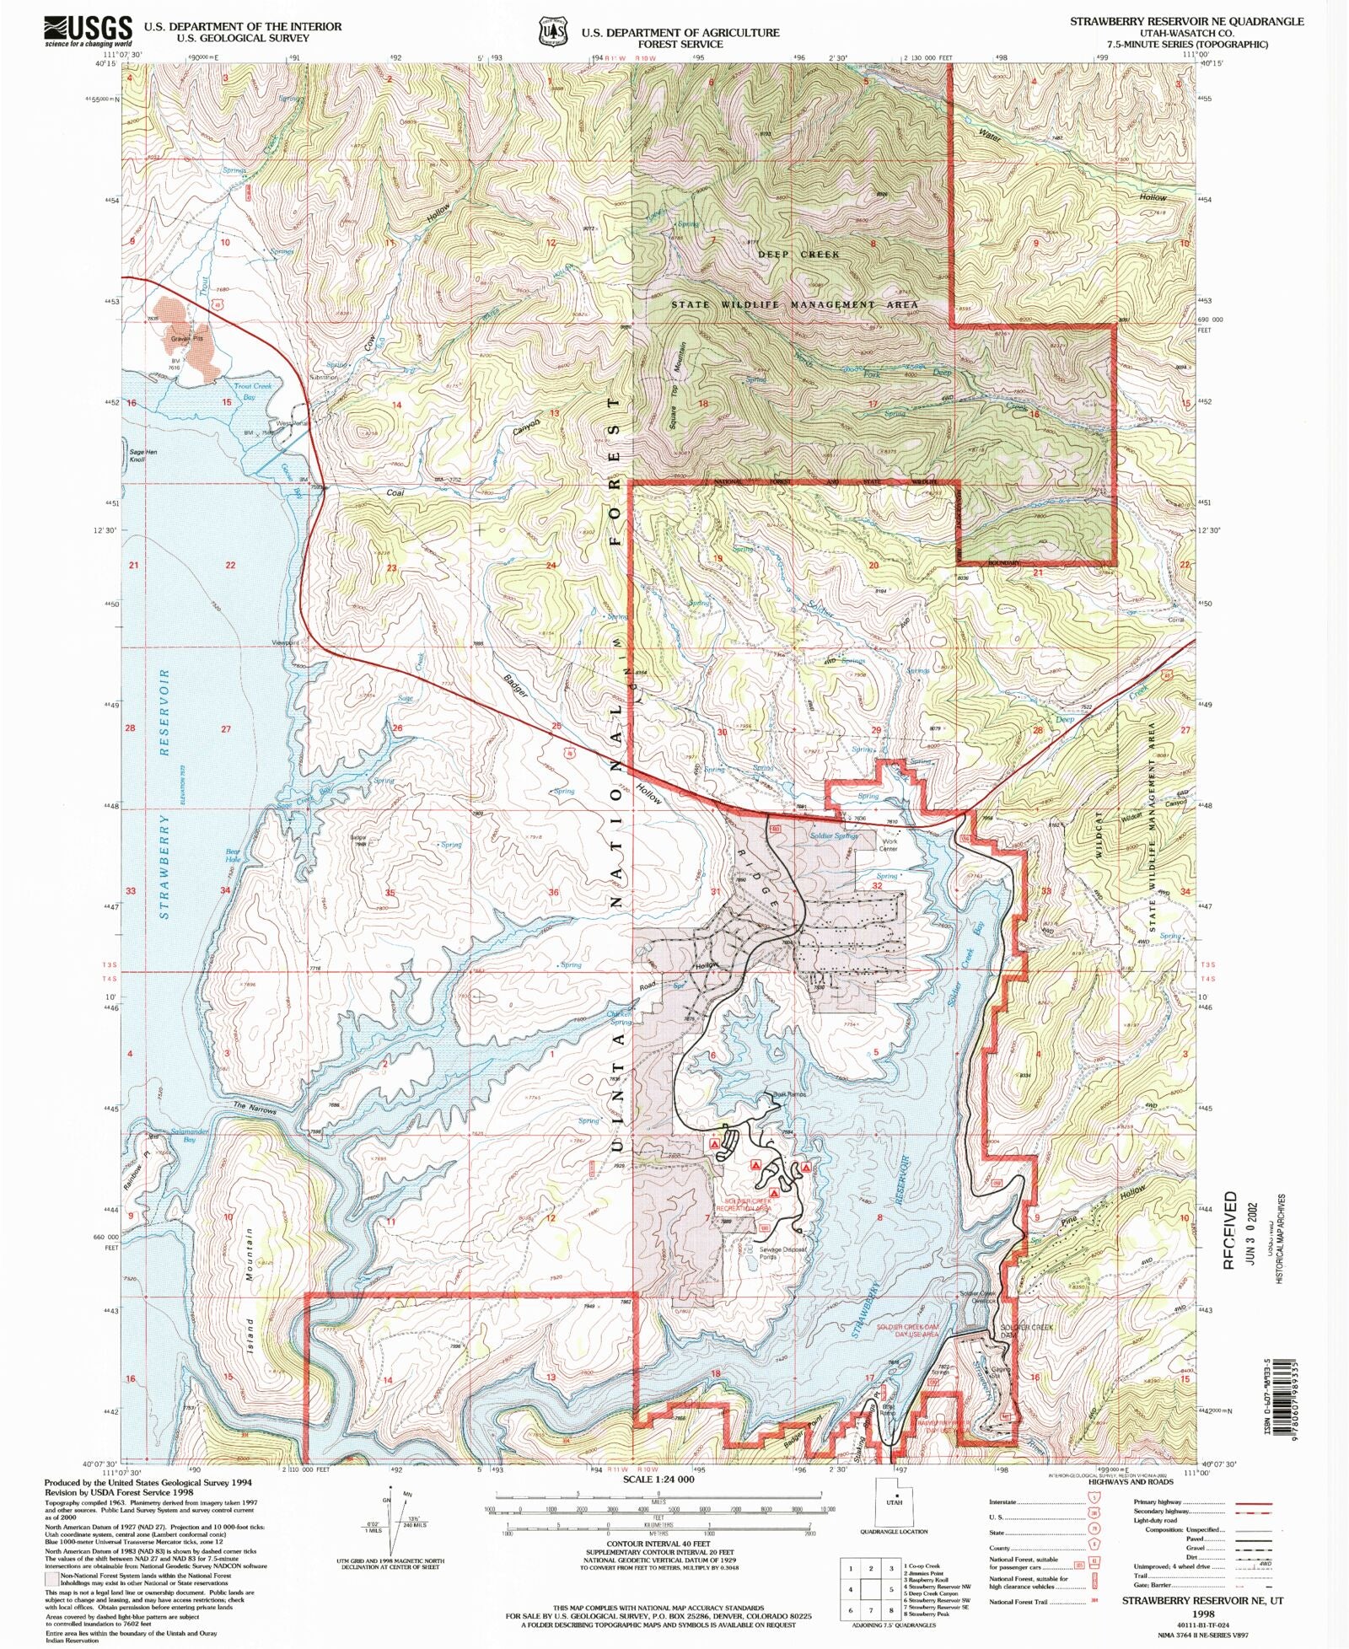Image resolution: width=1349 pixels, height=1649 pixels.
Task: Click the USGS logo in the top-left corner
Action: tap(89, 31)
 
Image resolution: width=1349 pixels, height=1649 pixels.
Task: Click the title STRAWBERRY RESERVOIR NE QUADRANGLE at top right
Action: tap(1186, 21)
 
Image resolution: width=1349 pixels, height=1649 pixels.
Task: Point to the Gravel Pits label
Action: tap(187, 339)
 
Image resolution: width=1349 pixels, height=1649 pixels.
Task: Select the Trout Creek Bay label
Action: tap(252, 391)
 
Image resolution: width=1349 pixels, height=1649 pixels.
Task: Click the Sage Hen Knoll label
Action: tap(142, 456)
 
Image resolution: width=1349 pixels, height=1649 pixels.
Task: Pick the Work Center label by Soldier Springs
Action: tap(889, 845)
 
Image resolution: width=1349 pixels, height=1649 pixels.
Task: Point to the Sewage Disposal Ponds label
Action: tap(782, 1253)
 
